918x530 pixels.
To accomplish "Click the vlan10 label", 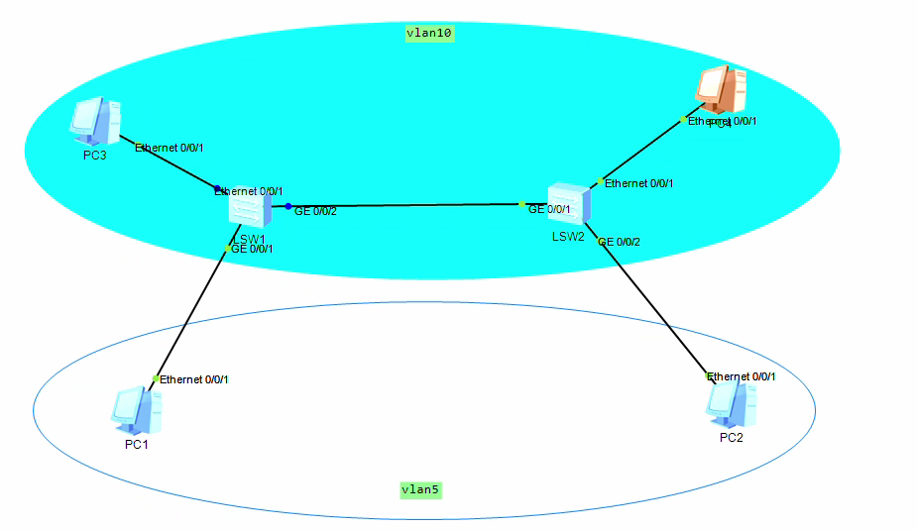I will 429,33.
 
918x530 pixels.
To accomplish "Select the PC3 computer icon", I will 95,121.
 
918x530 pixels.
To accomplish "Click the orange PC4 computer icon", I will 721,91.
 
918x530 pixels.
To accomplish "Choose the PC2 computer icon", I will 732,404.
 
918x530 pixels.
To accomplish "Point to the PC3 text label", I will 95,156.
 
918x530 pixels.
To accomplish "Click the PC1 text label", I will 136,445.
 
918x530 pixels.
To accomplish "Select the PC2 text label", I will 731,438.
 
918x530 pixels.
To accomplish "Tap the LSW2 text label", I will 568,237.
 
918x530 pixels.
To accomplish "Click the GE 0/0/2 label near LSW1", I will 315,211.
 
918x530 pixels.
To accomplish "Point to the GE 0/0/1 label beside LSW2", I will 549,209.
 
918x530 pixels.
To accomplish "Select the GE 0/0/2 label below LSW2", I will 620,242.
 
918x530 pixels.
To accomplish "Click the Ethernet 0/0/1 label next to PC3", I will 170,148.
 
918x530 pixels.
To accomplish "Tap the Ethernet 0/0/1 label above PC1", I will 194,379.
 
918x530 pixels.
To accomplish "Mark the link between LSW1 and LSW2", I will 406,205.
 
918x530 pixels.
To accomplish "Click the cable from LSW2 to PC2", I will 654,307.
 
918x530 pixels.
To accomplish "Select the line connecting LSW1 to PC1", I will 190,315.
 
